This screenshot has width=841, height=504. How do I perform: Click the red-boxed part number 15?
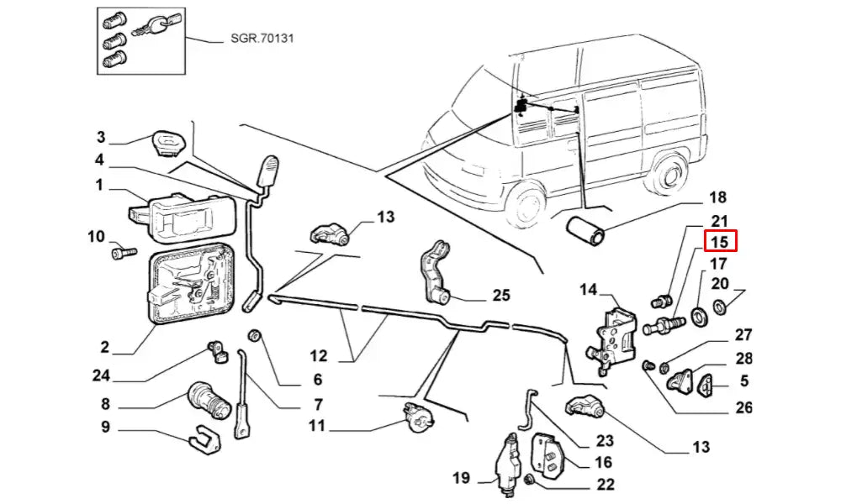(720, 242)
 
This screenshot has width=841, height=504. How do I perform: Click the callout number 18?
(717, 198)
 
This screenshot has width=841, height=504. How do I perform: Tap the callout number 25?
(501, 295)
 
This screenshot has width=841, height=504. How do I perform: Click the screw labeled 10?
(121, 252)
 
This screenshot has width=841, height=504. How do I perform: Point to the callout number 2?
(105, 348)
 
